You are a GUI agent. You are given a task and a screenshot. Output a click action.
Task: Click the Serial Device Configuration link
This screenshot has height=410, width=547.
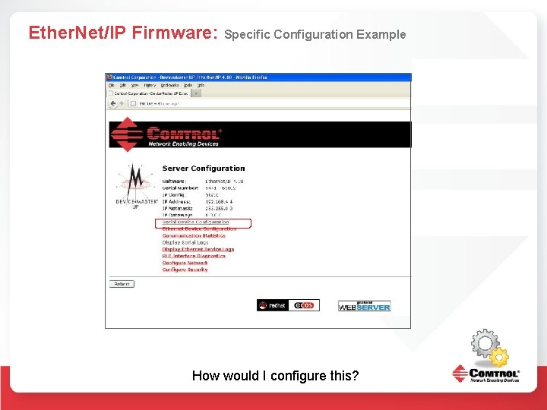(x=195, y=222)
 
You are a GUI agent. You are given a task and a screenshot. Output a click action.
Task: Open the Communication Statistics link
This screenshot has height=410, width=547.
(x=194, y=236)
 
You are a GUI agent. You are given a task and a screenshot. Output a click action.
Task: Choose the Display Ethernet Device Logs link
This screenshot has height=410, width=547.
(x=198, y=250)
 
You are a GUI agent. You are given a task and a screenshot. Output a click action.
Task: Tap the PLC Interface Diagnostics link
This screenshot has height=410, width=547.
(x=194, y=257)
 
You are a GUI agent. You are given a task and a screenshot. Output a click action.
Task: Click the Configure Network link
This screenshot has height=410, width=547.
(x=185, y=263)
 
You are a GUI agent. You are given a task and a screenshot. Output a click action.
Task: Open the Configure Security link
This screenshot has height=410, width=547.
(x=185, y=270)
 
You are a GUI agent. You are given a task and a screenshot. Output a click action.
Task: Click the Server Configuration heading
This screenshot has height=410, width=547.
(x=204, y=169)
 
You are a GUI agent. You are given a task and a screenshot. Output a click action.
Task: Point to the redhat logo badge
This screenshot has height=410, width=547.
(x=273, y=305)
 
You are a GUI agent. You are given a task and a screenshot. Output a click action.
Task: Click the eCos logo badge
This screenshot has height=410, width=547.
(x=305, y=305)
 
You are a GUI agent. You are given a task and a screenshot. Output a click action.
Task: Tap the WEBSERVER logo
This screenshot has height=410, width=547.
(x=365, y=306)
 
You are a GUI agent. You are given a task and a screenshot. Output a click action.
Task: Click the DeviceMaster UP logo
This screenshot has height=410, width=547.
(x=136, y=186)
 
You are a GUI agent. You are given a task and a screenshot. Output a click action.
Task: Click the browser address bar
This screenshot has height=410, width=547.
(x=198, y=102)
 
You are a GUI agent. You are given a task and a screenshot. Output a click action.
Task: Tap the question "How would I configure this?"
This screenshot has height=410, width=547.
(x=275, y=376)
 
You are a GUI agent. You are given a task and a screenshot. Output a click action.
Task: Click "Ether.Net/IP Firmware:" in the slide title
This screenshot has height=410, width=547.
(x=123, y=33)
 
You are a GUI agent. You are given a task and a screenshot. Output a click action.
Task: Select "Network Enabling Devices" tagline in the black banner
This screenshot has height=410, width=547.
(x=183, y=143)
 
